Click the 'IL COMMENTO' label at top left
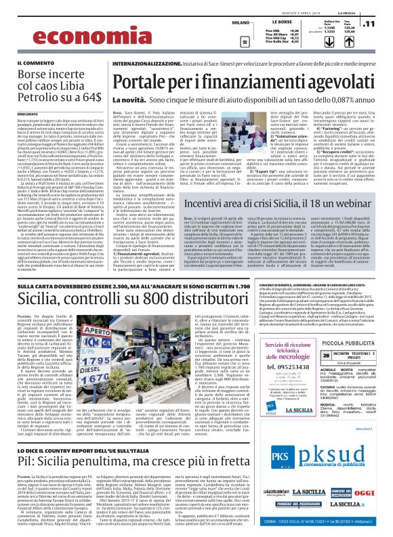tap(31, 63)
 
